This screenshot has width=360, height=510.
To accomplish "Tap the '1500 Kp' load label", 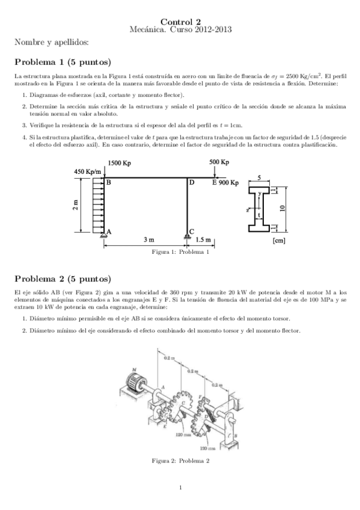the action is click(x=122, y=163).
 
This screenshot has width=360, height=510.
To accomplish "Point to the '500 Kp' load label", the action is click(x=219, y=162).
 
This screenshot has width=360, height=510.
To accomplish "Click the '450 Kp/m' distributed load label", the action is click(x=87, y=172).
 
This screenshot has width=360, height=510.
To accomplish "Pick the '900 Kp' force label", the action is click(x=228, y=182).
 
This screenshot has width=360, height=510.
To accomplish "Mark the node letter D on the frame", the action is click(x=192, y=182).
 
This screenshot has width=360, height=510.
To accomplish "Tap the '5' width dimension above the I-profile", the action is click(x=258, y=178).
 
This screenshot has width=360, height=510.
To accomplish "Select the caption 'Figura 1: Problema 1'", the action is click(x=181, y=252).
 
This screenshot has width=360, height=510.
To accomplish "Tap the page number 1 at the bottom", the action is click(x=180, y=487).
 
